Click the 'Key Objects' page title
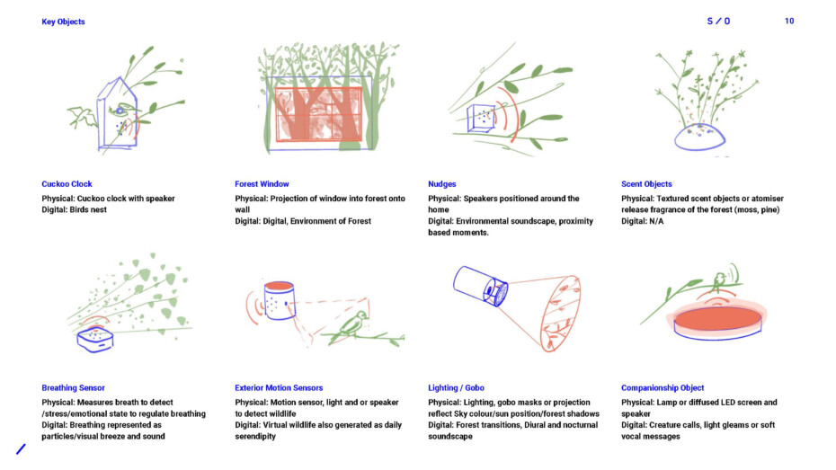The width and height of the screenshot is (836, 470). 63,22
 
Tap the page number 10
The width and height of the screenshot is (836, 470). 789,21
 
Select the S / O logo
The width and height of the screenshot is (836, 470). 718,22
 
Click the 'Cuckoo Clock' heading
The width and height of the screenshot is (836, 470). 67,184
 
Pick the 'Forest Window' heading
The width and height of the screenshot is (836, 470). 262,184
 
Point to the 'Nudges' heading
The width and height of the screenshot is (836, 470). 442,184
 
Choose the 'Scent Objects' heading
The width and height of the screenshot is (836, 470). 646,184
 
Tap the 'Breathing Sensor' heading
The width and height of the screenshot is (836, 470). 73,388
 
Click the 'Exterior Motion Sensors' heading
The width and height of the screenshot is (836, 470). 279,388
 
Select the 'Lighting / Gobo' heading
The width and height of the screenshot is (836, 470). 456,388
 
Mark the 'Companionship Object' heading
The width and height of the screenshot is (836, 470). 663,388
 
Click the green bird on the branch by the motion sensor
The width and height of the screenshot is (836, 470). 354,324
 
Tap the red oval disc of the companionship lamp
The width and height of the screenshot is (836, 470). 717,318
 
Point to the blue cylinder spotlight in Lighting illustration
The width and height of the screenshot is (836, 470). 480,287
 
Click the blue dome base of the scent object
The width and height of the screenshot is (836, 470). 699,137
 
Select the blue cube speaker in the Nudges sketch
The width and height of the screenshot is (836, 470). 481,119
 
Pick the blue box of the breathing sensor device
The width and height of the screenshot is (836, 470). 95,340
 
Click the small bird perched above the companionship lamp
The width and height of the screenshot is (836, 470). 719,280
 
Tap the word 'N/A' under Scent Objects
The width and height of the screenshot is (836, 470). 656,221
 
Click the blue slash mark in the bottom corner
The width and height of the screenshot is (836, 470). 21,449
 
